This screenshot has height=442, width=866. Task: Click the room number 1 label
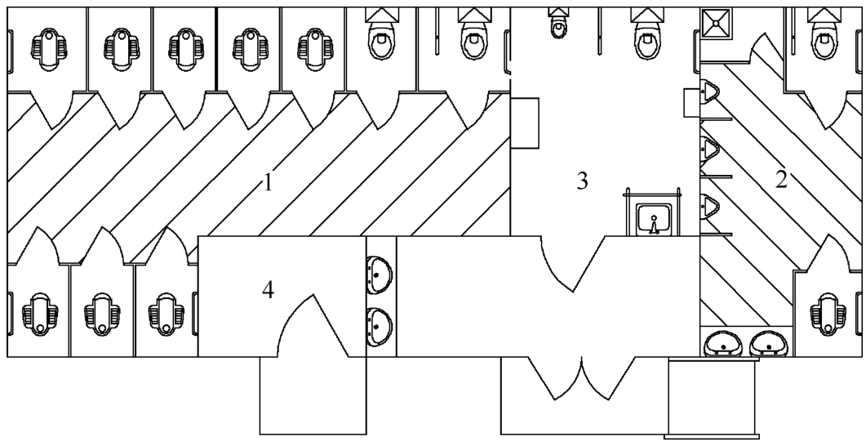[x=268, y=182]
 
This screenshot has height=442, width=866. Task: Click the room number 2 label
[x=781, y=180]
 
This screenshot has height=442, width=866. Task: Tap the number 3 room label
[x=582, y=181]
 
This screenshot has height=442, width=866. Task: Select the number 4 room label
[x=268, y=289]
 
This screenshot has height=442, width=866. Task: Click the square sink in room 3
[x=654, y=219]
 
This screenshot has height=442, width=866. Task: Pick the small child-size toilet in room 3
[x=558, y=23]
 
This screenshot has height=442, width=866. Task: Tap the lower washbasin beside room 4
[x=379, y=325]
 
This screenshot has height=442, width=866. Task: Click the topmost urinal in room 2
[x=710, y=92]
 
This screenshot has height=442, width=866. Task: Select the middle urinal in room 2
[x=710, y=150]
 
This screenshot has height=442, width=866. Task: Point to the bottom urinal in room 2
[x=710, y=206]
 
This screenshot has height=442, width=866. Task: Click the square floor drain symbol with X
[x=717, y=23]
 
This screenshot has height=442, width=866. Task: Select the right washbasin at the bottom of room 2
[x=769, y=343]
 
